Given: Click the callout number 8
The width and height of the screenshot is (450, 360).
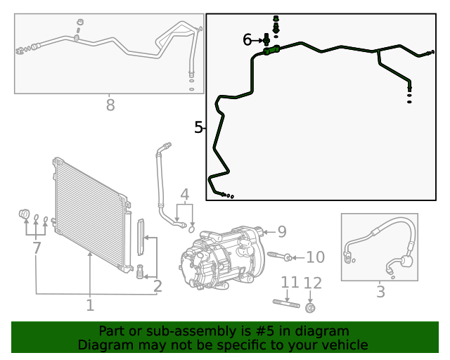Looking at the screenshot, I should (x=110, y=105).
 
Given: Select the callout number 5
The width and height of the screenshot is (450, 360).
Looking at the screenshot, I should (x=198, y=127).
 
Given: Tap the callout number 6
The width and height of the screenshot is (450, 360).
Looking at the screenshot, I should (x=247, y=40).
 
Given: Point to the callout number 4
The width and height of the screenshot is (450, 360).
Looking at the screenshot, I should (x=184, y=194).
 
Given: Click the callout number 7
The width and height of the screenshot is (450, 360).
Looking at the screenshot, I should (x=36, y=247).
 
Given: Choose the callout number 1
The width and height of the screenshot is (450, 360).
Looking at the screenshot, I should (x=90, y=305).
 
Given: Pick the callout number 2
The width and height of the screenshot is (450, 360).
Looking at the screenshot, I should (x=157, y=285).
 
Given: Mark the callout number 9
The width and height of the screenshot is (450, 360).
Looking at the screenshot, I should (x=281, y=231).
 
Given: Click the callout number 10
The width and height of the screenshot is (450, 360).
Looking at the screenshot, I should (x=315, y=257).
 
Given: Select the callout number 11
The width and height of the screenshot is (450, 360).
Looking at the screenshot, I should (x=289, y=283).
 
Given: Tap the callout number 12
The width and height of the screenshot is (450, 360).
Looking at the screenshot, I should (x=312, y=283).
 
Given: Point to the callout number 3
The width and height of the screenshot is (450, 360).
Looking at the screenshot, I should (x=380, y=291).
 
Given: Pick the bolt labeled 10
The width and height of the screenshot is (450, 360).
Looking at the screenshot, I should (x=278, y=257).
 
